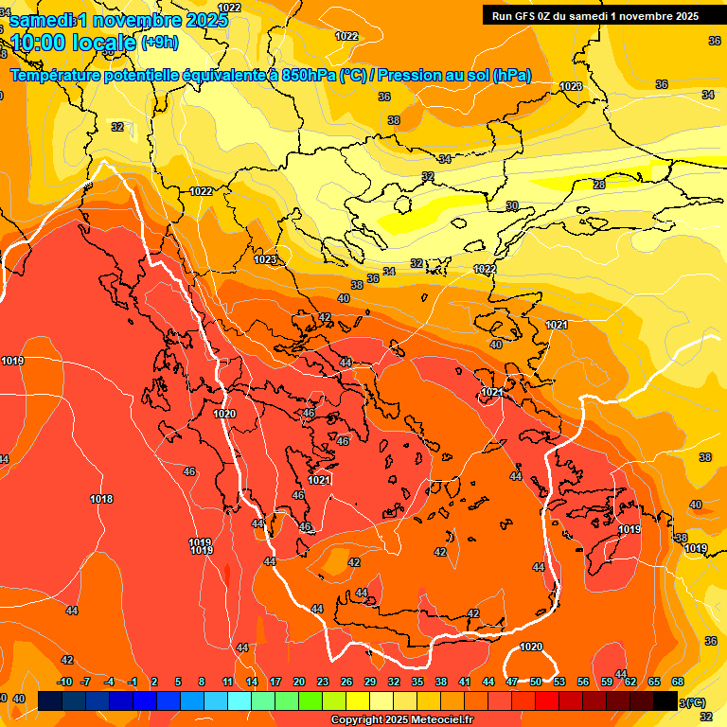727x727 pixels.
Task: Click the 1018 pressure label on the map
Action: (101, 499)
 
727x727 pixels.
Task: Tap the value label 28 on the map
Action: (599, 185)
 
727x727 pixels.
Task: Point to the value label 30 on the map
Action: (512, 205)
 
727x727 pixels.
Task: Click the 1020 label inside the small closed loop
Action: (531, 647)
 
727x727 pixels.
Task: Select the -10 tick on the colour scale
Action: (64, 682)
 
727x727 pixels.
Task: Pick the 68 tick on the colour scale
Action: (678, 682)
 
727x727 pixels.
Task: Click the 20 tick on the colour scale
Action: (299, 682)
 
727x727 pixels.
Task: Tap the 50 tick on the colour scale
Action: (536, 682)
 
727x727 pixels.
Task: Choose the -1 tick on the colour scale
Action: (133, 682)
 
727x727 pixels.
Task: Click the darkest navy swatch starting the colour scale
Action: (51, 701)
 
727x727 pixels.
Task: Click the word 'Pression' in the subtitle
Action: (413, 76)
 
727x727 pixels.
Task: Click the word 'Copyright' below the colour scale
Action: (357, 720)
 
